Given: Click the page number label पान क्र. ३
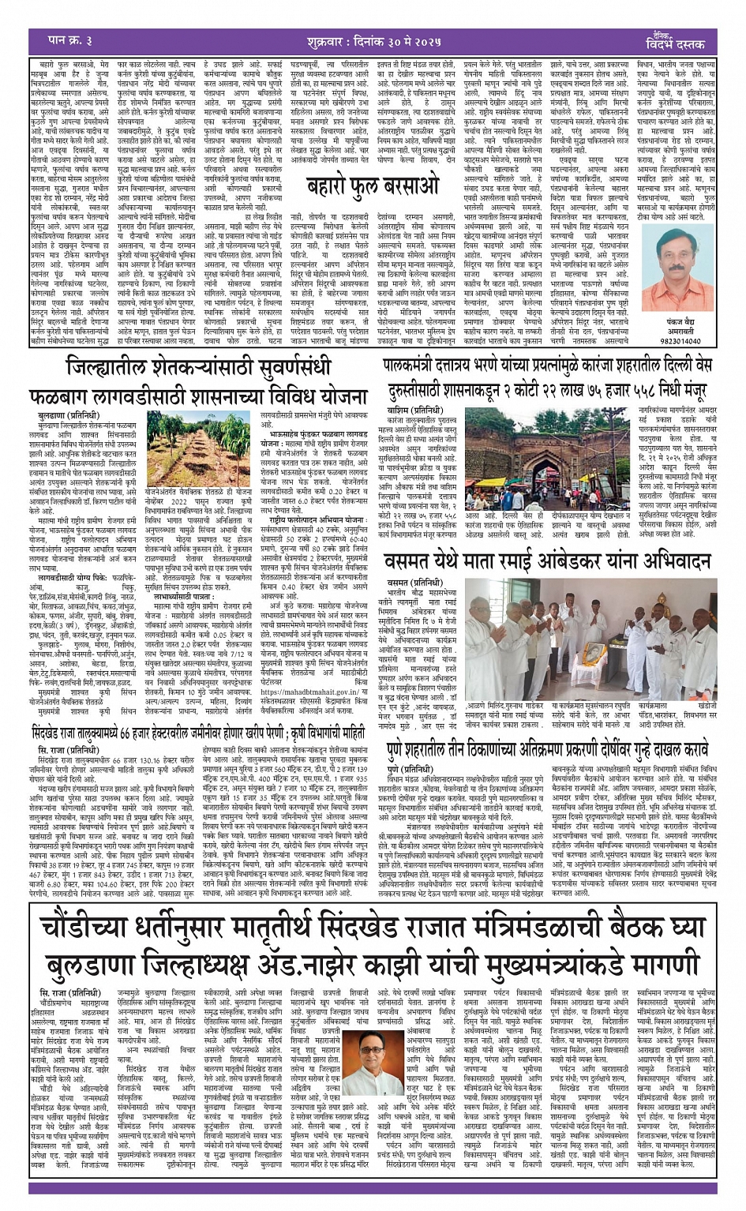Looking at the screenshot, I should tap(61, 40).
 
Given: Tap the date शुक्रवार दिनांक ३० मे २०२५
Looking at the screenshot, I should tap(370, 40).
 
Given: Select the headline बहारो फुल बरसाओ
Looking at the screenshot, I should tap(372, 187).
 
